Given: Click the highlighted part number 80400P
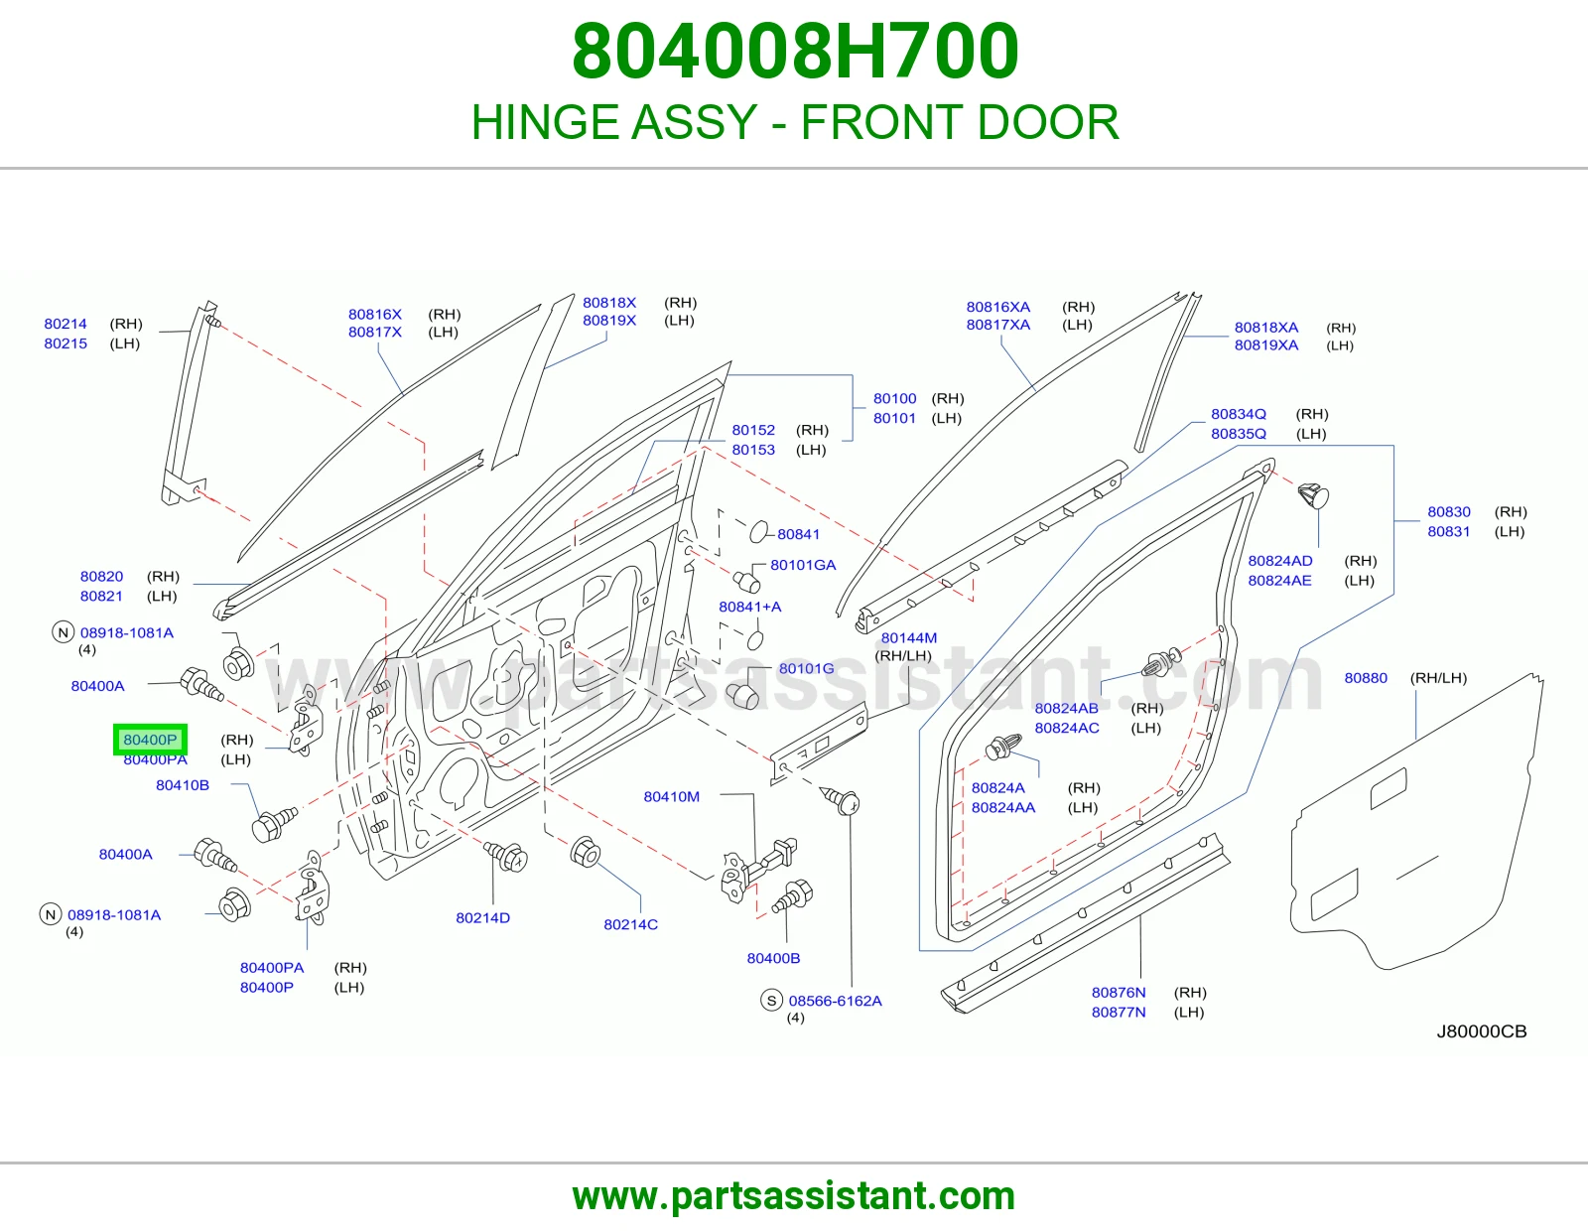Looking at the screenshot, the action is tap(150, 739).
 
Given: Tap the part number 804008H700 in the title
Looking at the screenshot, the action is tap(794, 51).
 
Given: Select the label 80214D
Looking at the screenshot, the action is tap(482, 917).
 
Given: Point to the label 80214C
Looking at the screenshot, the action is tap(630, 924).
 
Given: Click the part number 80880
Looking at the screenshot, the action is tap(1365, 678).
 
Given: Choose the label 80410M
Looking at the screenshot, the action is tap(671, 796).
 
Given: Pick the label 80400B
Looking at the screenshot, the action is tap(773, 958).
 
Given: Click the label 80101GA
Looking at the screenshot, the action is tap(802, 564).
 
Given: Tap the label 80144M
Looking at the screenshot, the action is tap(908, 637).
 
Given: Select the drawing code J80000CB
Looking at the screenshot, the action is tap(1481, 1030).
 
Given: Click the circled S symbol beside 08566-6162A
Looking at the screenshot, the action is tap(771, 1000).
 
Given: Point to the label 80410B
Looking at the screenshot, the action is tap(182, 784).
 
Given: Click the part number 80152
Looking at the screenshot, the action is tap(752, 430).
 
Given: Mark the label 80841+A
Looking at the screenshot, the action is tap(749, 606).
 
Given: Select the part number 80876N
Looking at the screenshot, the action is tap(1119, 992).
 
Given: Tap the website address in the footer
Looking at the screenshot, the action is tap(794, 1196).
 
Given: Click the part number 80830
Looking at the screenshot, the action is tap(1448, 511).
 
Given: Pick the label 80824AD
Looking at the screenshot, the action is tap(1279, 561).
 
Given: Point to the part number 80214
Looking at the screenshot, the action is tap(66, 323).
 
